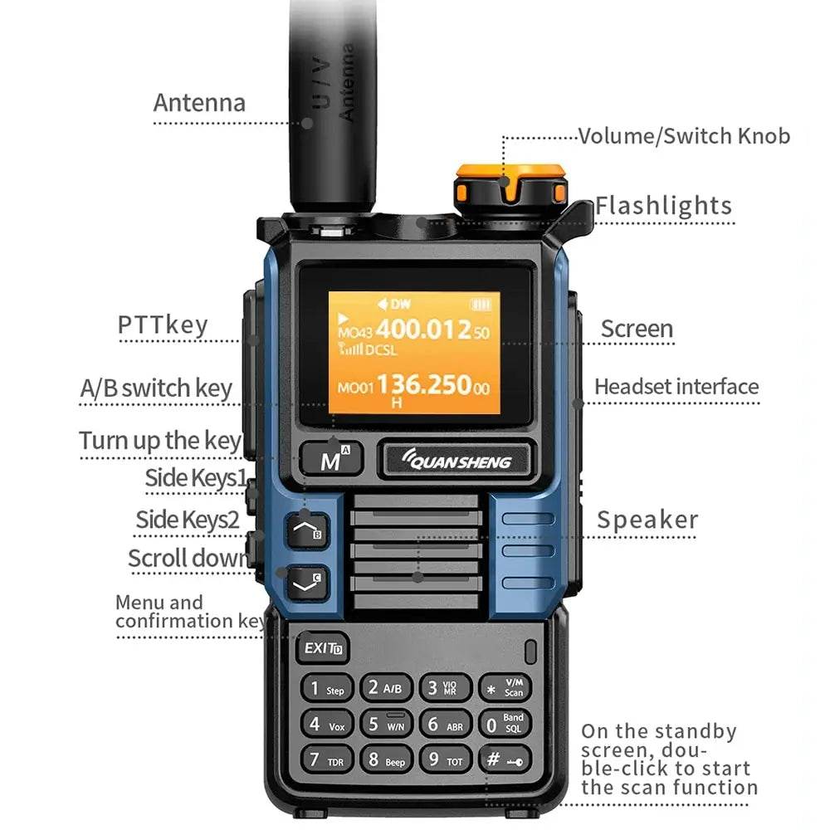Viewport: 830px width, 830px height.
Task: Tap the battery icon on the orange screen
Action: pos(481,304)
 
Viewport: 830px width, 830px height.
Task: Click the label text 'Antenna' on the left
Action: pos(199,103)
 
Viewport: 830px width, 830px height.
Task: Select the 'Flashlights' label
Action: pos(663,206)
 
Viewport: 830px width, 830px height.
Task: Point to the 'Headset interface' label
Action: pos(676,387)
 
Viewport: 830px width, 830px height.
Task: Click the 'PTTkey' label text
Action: pos(163,325)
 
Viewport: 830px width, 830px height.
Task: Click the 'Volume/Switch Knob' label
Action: pos(684,136)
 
